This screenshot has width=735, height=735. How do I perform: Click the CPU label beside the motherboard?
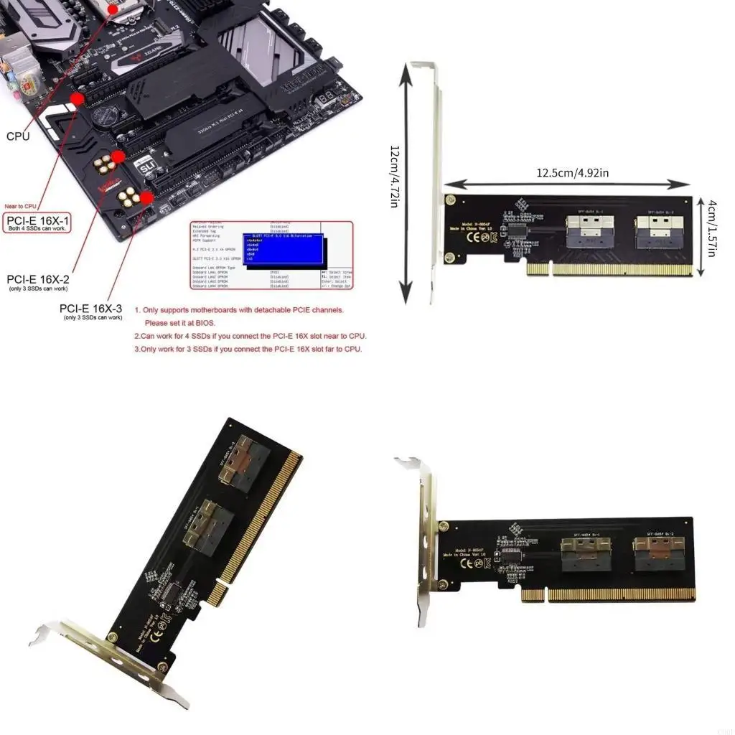pyautogui.click(x=18, y=136)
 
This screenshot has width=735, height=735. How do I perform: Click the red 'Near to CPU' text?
pyautogui.click(x=20, y=207)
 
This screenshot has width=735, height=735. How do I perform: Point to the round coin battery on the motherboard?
pyautogui.click(x=107, y=114)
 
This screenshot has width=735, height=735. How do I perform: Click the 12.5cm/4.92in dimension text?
pyautogui.click(x=573, y=173)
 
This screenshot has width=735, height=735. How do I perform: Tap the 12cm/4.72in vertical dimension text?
pyautogui.click(x=394, y=177)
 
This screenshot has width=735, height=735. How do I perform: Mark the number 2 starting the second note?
pyautogui.click(x=137, y=336)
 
